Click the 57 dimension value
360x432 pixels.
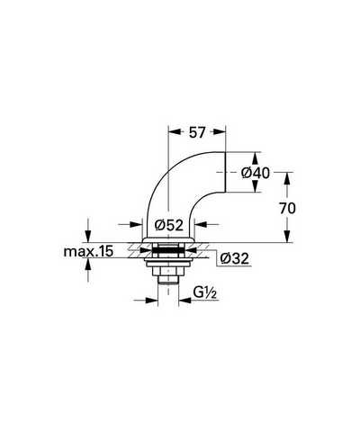coord(197,132)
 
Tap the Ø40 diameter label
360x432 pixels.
coord(256,173)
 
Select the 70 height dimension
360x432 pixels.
coord(287,208)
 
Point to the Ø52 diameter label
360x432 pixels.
coord(169,225)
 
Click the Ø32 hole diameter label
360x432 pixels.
coord(235,258)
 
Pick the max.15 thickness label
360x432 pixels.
coord(89,251)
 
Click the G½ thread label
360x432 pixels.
coord(205,292)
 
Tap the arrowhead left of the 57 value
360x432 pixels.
coord(175,132)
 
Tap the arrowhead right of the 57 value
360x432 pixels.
coord(219,132)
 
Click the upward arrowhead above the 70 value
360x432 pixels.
coord(287,179)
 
